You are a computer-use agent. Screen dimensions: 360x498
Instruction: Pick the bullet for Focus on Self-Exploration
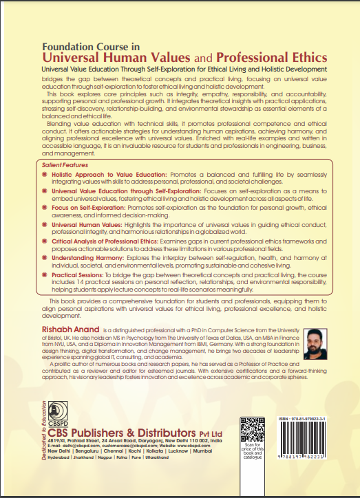(x=45, y=208)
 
